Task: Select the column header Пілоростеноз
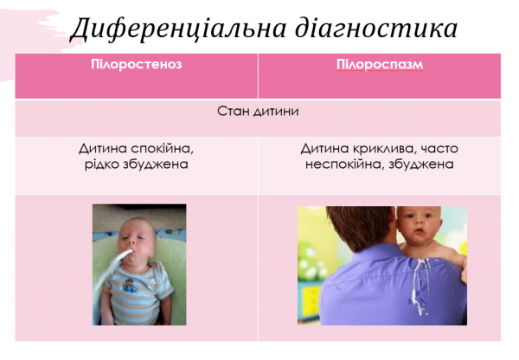tap(136, 65)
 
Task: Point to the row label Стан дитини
tap(258, 112)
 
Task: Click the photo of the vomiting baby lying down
tap(139, 265)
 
